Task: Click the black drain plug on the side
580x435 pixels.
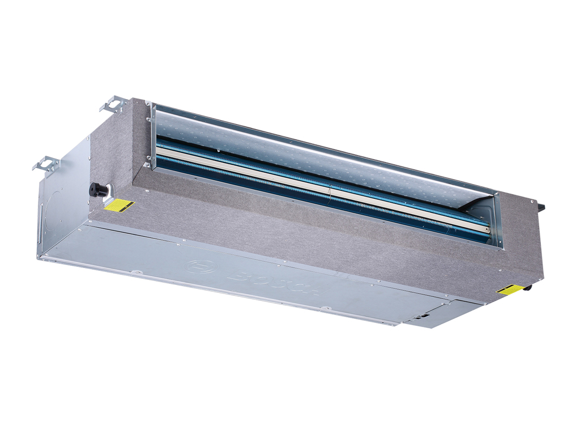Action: [99, 190]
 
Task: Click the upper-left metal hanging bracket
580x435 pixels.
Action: [114, 104]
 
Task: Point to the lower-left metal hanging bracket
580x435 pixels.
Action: [46, 164]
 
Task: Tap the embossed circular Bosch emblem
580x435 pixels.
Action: [202, 267]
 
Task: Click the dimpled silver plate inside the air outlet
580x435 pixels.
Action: [317, 153]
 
